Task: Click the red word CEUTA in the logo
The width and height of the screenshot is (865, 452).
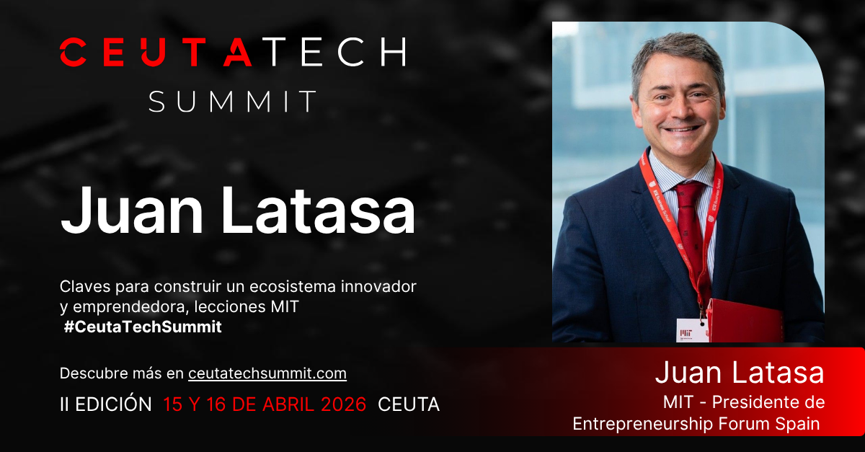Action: click(156, 52)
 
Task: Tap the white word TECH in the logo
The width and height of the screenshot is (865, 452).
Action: click(332, 52)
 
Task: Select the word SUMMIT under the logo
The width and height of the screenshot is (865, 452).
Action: click(233, 102)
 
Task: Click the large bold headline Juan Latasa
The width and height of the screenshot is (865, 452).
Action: click(238, 211)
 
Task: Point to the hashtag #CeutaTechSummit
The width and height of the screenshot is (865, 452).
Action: click(143, 327)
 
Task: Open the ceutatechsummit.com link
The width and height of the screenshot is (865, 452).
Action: click(267, 373)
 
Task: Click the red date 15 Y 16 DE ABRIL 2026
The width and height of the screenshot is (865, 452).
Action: click(265, 404)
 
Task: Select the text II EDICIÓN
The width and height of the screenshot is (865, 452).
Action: click(106, 404)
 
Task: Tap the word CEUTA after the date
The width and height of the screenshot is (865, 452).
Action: click(408, 404)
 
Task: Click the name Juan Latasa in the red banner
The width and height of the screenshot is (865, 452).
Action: click(739, 373)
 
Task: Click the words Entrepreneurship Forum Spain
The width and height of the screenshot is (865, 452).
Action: click(696, 424)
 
